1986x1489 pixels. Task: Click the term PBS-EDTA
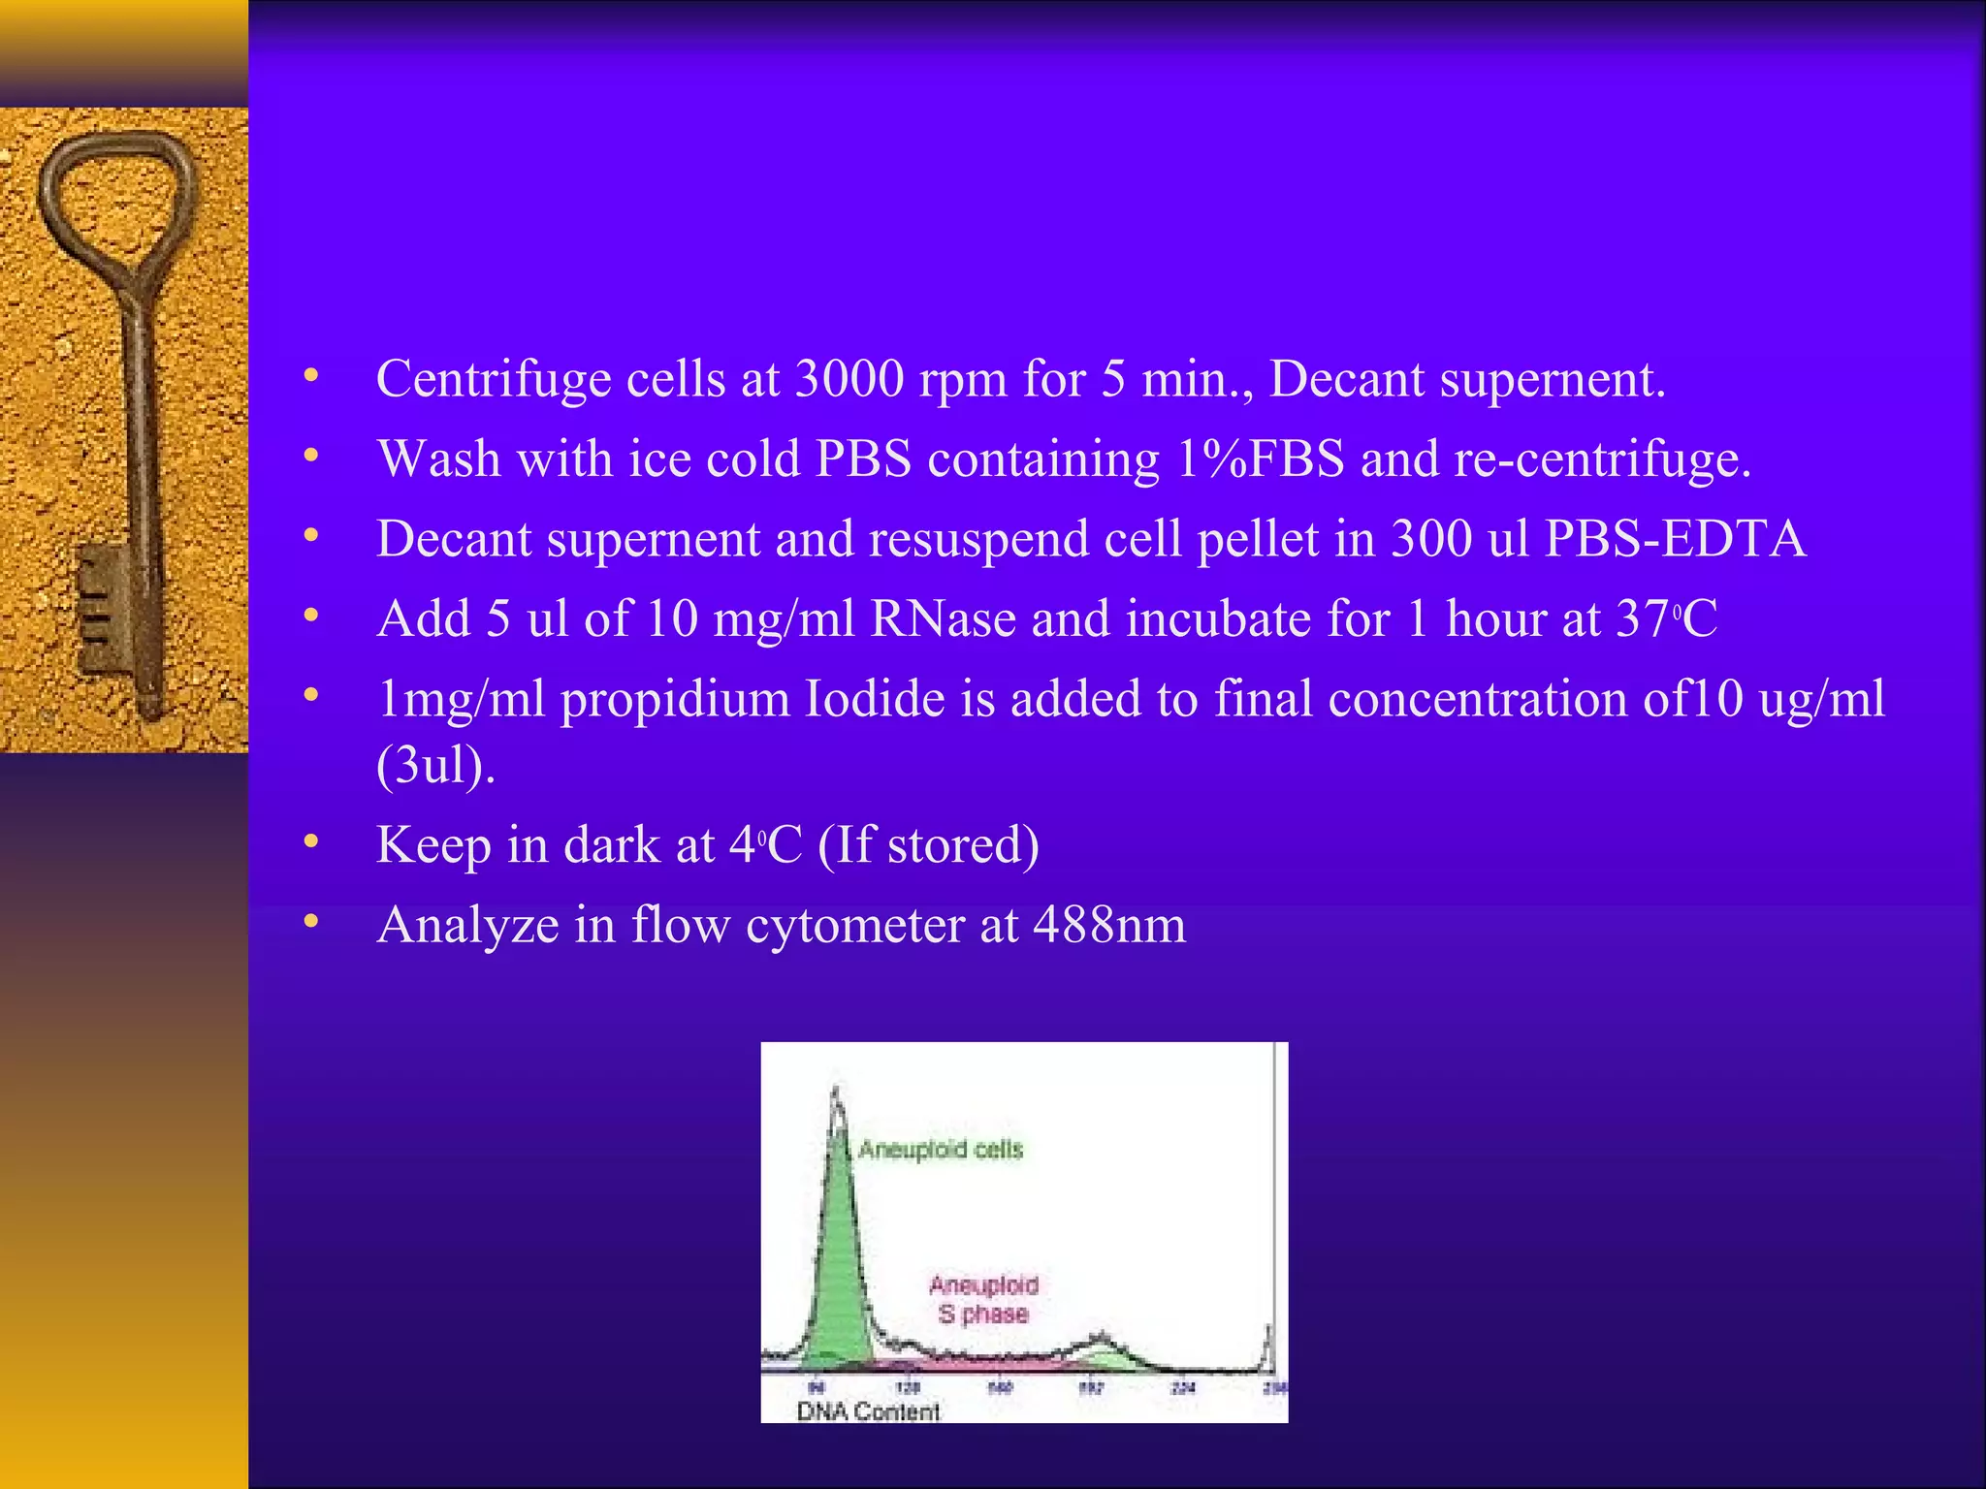[x=1675, y=539]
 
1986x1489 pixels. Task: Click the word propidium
[x=675, y=700]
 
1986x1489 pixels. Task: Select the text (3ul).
[x=435, y=766]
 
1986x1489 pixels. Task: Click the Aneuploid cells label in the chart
[x=941, y=1150]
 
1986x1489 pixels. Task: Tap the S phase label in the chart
[x=982, y=1315]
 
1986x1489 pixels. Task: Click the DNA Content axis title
[x=868, y=1411]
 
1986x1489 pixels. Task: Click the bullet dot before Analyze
[x=310, y=923]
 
